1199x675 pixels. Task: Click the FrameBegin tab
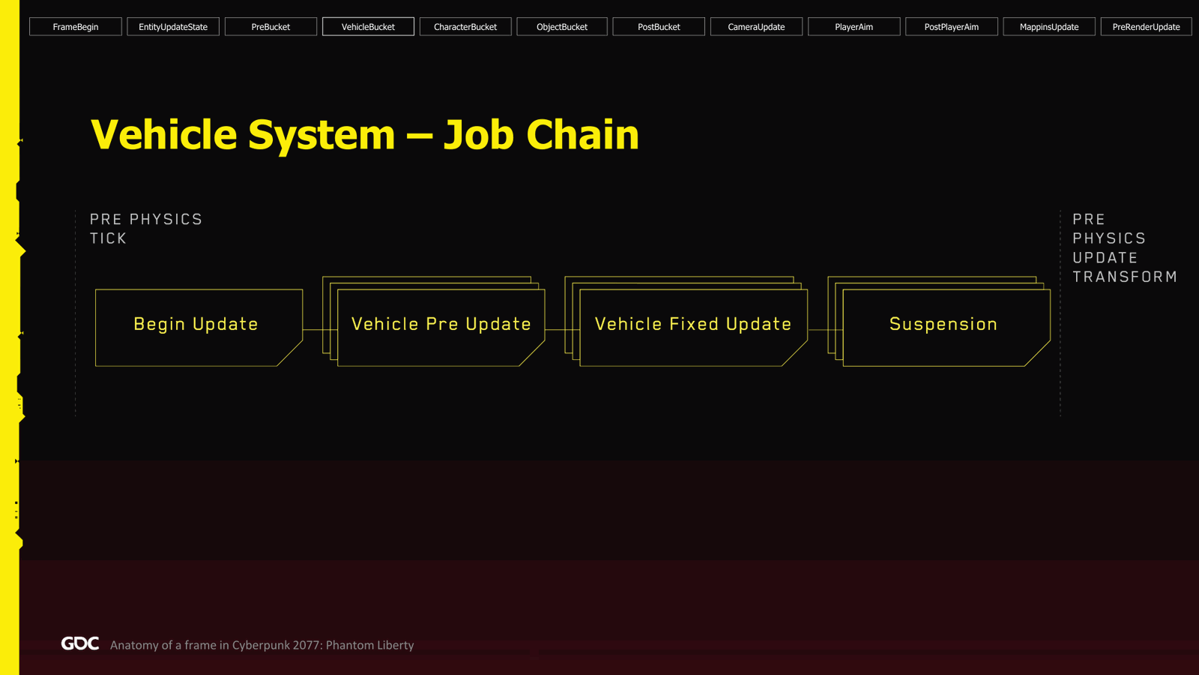click(76, 27)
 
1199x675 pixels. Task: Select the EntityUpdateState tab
click(173, 27)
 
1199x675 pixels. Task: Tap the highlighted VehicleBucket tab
click(368, 27)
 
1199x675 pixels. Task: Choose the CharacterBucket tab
click(465, 27)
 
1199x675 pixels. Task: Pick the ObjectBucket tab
click(562, 27)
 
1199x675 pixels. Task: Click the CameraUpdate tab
click(756, 27)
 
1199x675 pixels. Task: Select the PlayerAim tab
click(854, 27)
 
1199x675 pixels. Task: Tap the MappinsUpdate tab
click(1049, 27)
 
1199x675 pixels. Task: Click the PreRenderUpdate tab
click(1146, 27)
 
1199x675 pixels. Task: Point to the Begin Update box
click(199, 328)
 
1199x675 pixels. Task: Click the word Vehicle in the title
click(164, 134)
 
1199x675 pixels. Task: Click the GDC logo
click(80, 643)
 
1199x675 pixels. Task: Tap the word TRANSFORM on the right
click(1125, 277)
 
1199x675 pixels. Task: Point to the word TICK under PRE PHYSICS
click(108, 238)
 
